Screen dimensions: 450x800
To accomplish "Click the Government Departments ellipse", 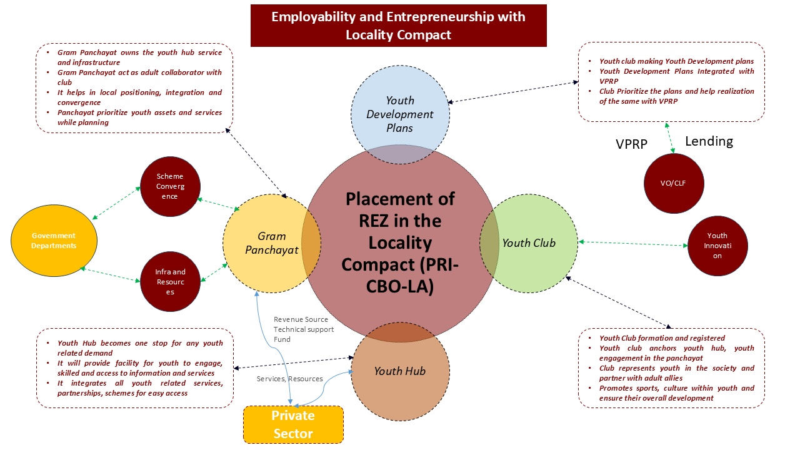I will click(54, 241).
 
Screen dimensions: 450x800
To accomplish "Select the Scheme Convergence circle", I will click(170, 186).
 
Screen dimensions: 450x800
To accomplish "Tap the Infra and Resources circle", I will click(170, 281).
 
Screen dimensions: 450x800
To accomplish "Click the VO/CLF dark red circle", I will click(673, 183).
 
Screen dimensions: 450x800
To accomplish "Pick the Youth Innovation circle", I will click(717, 246).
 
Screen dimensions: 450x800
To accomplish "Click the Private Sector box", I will click(293, 424).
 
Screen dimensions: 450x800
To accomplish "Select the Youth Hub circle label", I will click(399, 371).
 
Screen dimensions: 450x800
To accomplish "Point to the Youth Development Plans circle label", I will click(400, 114).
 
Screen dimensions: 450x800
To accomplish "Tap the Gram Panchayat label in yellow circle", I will click(271, 243).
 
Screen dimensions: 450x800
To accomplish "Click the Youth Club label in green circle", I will click(529, 243).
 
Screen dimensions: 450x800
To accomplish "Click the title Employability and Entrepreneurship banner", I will click(398, 26).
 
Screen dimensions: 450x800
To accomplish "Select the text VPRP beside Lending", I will click(631, 144).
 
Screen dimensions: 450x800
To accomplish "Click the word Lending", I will click(709, 141).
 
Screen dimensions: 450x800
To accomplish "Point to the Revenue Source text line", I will click(301, 319).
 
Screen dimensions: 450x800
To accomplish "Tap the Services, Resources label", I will click(289, 379).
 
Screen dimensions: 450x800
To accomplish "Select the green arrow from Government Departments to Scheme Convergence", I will click(116, 202).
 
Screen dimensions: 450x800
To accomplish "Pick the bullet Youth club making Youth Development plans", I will click(676, 61).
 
